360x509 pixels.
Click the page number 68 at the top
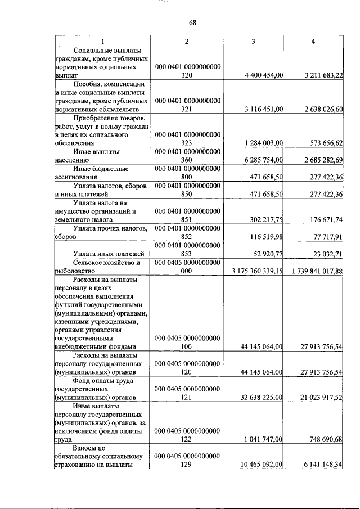(192, 22)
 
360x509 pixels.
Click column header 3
(254, 42)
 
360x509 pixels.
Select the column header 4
(313, 42)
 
